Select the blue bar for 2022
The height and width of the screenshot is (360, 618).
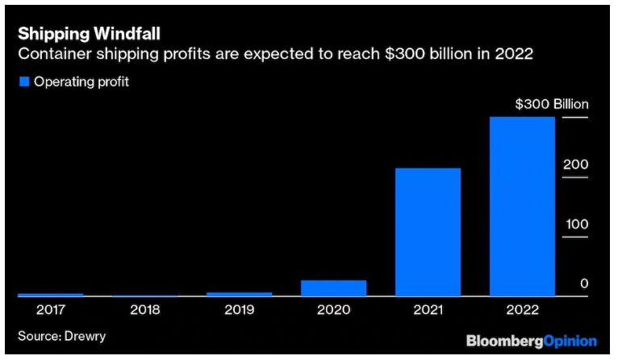[x=522, y=206]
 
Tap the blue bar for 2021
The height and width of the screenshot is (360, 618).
[x=428, y=232]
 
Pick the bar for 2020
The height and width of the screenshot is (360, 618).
[x=333, y=288]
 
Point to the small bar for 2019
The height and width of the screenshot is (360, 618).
[x=239, y=294]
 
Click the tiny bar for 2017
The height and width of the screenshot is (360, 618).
[x=50, y=295]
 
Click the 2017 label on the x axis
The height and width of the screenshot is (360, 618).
[x=50, y=309]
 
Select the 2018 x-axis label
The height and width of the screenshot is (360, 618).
[x=144, y=309]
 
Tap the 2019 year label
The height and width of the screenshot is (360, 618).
[x=239, y=309]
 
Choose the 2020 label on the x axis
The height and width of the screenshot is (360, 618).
[x=333, y=309]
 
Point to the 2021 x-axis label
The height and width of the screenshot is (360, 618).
[x=428, y=309]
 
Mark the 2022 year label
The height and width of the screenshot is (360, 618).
[x=522, y=309]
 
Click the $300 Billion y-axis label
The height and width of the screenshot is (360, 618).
[x=552, y=105]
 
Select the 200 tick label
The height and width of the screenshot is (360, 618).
[x=575, y=165]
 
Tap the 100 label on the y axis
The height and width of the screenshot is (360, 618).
[x=576, y=224]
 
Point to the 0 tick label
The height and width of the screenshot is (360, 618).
[x=583, y=284]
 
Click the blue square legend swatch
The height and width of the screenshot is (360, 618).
[x=23, y=82]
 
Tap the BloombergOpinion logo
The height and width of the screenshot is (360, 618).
[x=531, y=341]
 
